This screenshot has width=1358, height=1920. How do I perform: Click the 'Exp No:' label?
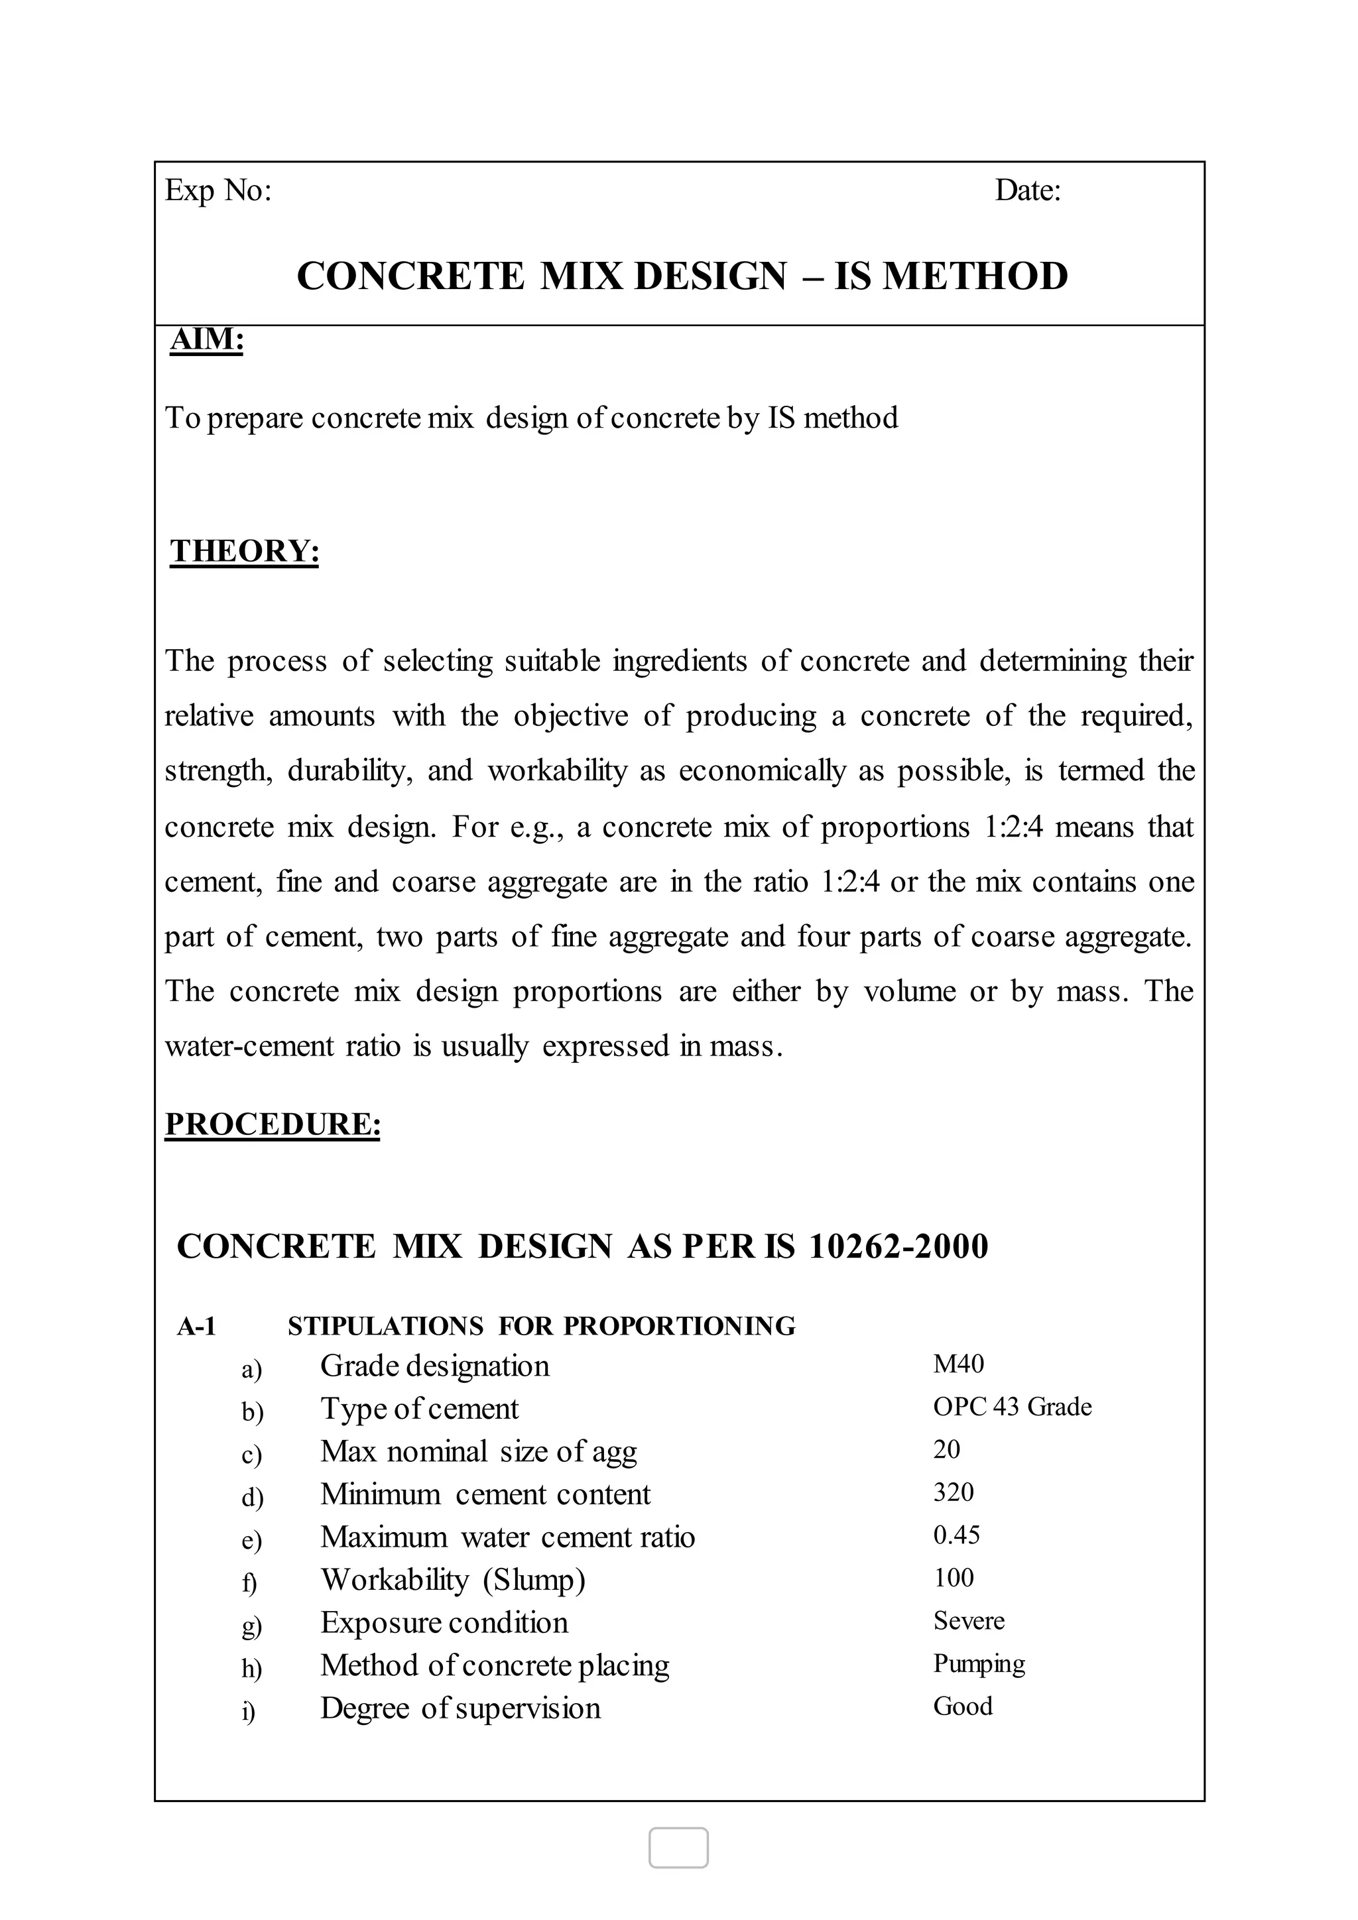[218, 192]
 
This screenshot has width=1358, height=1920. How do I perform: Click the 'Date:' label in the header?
[1028, 192]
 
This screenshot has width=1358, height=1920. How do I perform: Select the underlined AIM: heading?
[206, 339]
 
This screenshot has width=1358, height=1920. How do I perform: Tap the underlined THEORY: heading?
[244, 551]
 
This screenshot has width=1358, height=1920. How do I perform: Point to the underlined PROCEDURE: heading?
[273, 1124]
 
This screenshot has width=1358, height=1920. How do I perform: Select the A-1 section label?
[196, 1326]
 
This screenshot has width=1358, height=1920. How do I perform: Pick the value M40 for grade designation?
[958, 1364]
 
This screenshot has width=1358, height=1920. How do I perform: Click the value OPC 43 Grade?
[1012, 1408]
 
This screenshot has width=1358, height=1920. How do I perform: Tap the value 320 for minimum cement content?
[954, 1492]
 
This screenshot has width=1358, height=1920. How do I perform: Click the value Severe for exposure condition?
[968, 1620]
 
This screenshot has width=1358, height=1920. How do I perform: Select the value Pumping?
[978, 1663]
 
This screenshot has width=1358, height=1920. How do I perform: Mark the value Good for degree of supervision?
[963, 1706]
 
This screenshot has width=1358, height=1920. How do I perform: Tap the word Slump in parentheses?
[534, 1580]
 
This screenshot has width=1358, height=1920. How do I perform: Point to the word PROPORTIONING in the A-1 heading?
[679, 1326]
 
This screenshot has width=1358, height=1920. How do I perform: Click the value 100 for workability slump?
[954, 1578]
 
